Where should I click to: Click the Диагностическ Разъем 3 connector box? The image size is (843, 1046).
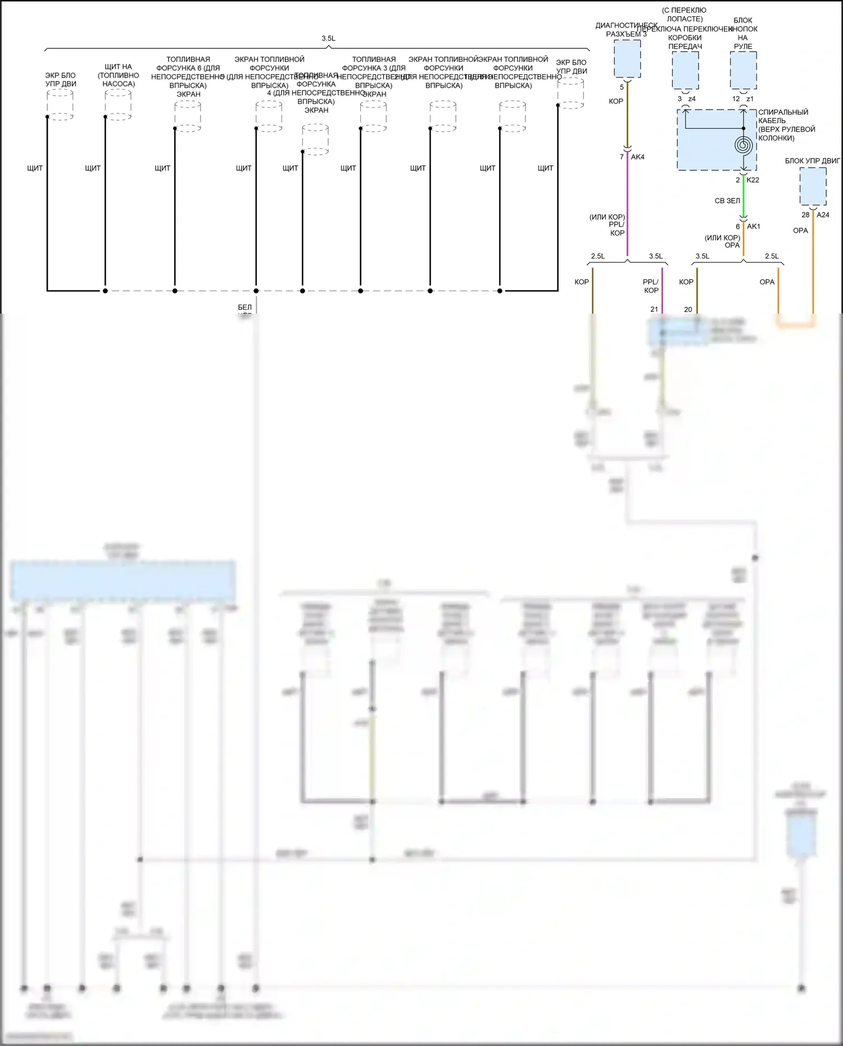(627, 58)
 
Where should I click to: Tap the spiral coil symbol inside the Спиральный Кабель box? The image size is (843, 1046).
(743, 146)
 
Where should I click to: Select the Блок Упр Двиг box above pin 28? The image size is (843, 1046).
(813, 187)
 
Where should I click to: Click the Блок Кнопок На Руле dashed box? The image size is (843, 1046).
(743, 70)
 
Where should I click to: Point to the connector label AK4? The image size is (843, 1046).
(637, 157)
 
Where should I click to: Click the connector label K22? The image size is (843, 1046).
(753, 180)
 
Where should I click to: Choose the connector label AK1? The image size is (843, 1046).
(753, 227)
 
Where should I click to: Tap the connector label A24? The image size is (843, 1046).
(823, 215)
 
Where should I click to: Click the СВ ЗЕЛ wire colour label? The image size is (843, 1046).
(727, 201)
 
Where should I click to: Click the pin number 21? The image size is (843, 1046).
(654, 309)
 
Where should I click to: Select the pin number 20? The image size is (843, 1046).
(688, 309)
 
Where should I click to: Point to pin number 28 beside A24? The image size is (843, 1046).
(805, 215)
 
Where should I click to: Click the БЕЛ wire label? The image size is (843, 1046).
(244, 307)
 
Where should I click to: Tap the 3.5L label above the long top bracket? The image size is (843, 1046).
(328, 38)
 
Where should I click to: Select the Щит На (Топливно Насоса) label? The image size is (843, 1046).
(118, 75)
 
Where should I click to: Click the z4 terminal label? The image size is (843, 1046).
(692, 99)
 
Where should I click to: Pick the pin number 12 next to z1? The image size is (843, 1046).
(736, 99)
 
